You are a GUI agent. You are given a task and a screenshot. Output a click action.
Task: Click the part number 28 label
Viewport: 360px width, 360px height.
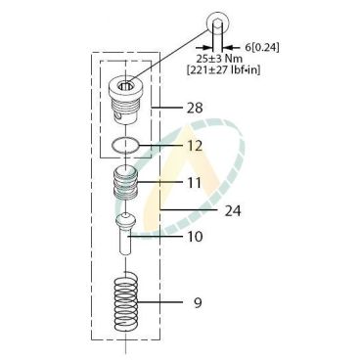(x=195, y=108)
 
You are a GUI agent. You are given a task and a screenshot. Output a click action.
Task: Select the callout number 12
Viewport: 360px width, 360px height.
(x=195, y=146)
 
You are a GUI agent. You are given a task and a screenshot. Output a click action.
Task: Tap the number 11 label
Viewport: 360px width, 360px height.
(x=195, y=183)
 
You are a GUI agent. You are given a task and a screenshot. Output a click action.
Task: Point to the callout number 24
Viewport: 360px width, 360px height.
(x=233, y=211)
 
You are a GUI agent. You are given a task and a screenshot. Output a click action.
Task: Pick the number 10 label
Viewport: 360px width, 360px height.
(x=195, y=237)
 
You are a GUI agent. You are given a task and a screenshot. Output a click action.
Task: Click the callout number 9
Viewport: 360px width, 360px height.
(x=198, y=303)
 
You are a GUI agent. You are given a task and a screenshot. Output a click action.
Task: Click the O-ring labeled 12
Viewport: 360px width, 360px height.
(x=125, y=145)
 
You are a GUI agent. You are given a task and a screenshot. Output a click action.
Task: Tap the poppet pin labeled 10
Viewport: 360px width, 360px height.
(x=126, y=234)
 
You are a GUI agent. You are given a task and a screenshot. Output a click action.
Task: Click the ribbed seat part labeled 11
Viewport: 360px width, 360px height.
(x=125, y=183)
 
